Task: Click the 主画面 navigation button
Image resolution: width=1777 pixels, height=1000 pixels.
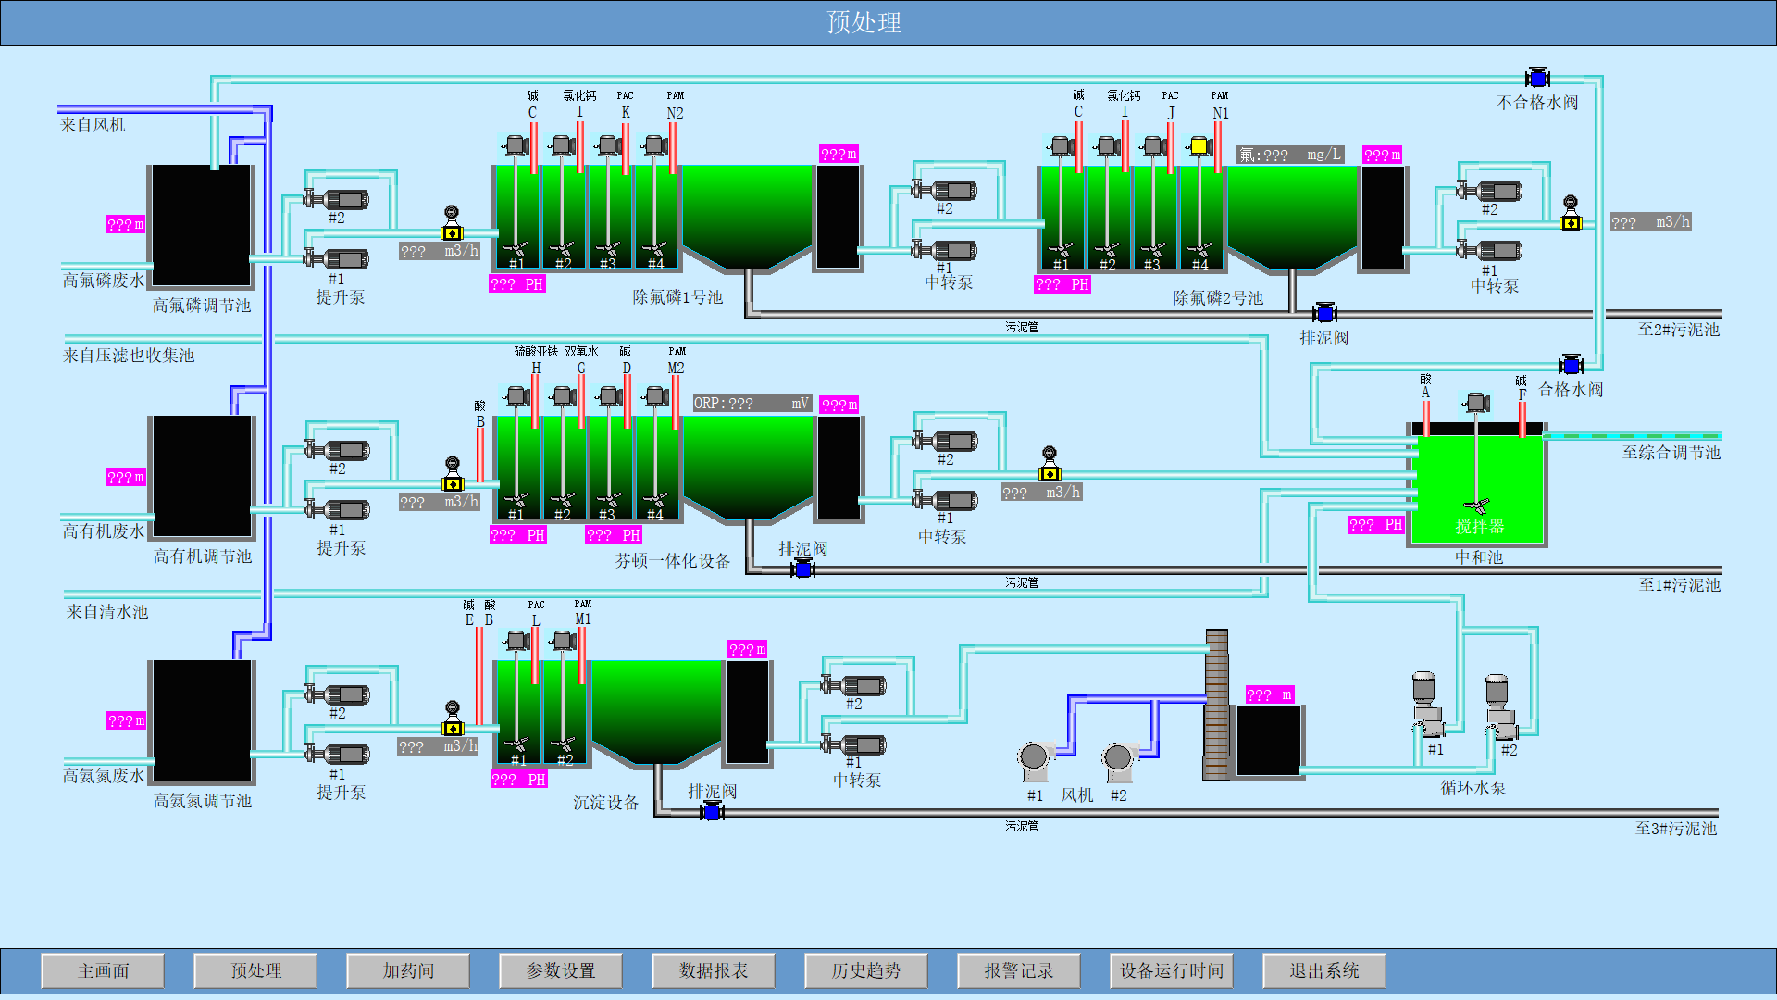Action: pyautogui.click(x=103, y=970)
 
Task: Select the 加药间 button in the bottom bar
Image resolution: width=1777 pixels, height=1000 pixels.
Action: pyautogui.click(x=408, y=970)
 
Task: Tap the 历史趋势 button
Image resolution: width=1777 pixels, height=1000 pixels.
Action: pyautogui.click(x=866, y=970)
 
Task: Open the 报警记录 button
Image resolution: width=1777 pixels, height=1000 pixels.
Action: pyautogui.click(x=1019, y=970)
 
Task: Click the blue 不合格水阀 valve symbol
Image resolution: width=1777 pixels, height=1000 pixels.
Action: pyautogui.click(x=1537, y=79)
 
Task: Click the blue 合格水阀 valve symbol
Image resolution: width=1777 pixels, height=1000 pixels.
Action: pyautogui.click(x=1571, y=365)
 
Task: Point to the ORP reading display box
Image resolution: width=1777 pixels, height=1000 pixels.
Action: pyautogui.click(x=752, y=404)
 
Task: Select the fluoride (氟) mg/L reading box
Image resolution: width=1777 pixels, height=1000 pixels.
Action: pyautogui.click(x=1290, y=155)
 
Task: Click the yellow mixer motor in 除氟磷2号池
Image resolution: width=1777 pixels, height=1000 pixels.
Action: pyautogui.click(x=1199, y=146)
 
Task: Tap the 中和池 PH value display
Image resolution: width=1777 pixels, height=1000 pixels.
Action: pyautogui.click(x=1375, y=525)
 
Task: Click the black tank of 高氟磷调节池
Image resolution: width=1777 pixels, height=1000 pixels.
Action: pyautogui.click(x=202, y=225)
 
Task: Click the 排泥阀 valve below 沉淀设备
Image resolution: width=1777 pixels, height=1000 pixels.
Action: pyautogui.click(x=711, y=812)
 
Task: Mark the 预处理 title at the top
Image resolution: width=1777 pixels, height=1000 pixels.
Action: pyautogui.click(x=864, y=22)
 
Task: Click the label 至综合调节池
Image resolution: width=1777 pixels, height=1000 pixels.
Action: pyautogui.click(x=1671, y=453)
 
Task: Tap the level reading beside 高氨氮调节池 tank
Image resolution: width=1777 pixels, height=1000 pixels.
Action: pyautogui.click(x=126, y=720)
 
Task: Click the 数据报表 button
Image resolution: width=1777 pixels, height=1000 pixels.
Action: pyautogui.click(x=714, y=970)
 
